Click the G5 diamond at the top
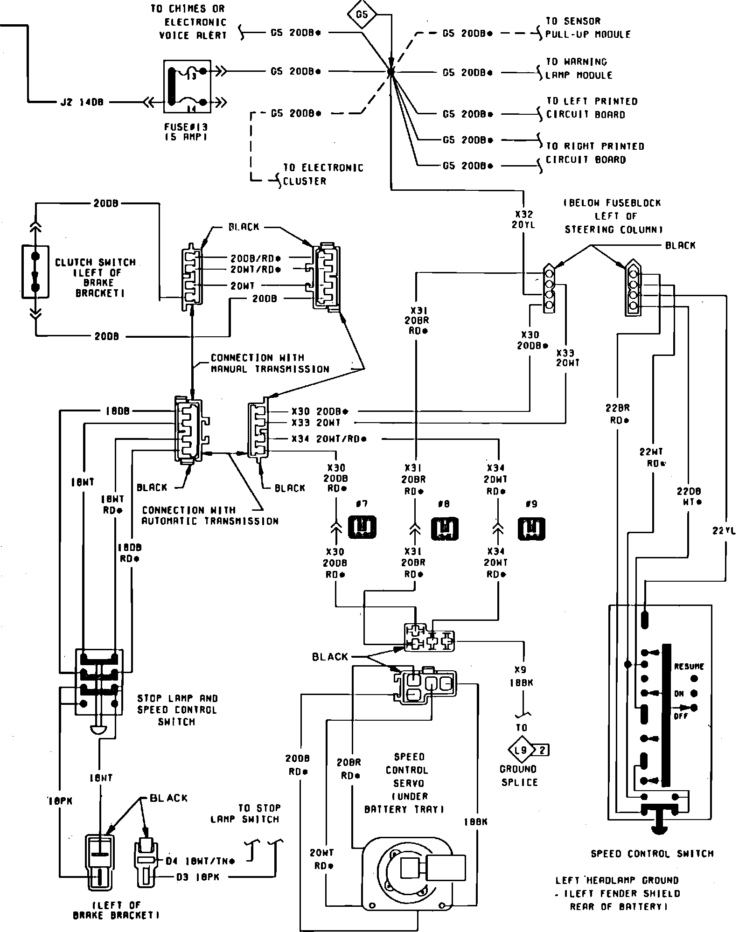coord(362,14)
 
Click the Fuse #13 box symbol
coord(187,86)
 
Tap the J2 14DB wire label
coord(82,102)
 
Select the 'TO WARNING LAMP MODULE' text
coord(579,69)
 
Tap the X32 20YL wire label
coord(524,219)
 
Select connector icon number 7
coord(362,527)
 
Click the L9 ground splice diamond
coord(521,750)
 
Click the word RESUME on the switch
coord(689,667)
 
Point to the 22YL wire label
coord(725,530)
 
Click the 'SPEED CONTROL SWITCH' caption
coord(652,854)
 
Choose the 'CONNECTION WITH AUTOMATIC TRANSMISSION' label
coord(210,515)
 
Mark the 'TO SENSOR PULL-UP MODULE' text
coord(588,28)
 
